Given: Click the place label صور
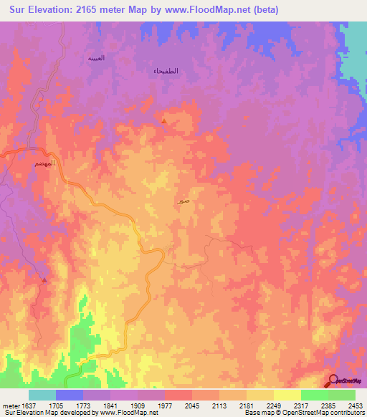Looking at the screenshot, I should pyautogui.click(x=184, y=202).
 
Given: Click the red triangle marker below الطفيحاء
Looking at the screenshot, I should pyautogui.click(x=164, y=120).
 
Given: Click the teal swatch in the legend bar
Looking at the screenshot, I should pyautogui.click(x=42, y=395).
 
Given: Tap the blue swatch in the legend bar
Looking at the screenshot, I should pyautogui.click(x=70, y=395).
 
